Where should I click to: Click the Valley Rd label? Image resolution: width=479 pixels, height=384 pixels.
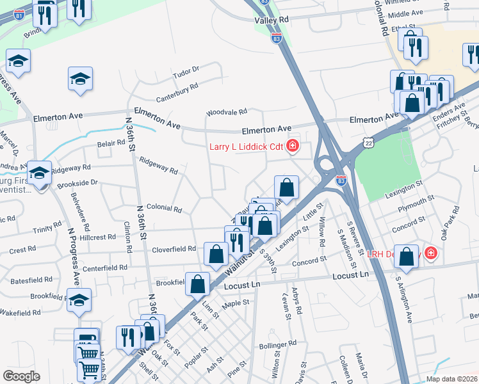(272, 20)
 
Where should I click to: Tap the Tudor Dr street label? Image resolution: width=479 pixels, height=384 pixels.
(187, 72)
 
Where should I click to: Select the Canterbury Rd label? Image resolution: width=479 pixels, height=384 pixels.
(177, 92)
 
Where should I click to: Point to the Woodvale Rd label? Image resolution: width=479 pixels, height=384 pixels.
(226, 113)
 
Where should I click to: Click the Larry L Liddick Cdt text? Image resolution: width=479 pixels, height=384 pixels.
(247, 147)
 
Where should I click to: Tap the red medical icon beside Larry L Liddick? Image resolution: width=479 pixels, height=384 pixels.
(293, 147)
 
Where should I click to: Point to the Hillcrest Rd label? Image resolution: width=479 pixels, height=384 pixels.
(93, 237)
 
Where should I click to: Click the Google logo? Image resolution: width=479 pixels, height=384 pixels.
(21, 376)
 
